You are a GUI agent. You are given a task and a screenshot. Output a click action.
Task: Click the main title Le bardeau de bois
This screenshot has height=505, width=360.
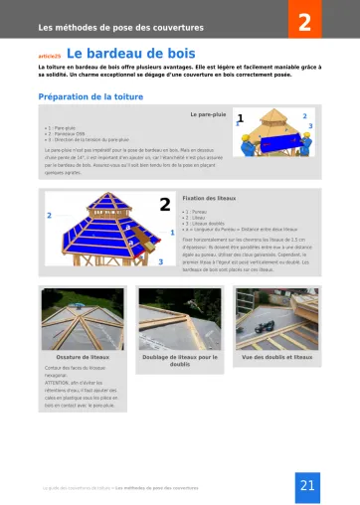[x=130, y=55]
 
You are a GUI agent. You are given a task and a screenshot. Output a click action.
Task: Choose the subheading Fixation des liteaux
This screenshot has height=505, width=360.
[x=210, y=199]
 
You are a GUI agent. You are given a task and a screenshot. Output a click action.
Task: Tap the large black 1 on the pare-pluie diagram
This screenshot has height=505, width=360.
[x=240, y=118]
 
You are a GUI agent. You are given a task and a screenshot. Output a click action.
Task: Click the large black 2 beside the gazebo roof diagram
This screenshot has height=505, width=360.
[x=164, y=205]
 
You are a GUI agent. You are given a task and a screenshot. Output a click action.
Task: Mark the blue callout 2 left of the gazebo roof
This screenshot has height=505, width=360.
[x=49, y=216]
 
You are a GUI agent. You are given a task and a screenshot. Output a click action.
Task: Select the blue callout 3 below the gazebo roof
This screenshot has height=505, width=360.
[x=161, y=260]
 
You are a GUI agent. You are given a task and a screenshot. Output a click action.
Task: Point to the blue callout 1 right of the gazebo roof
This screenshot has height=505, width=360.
[x=173, y=232]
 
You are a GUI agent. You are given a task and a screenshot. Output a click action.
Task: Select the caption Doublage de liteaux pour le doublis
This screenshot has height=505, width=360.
[x=179, y=360]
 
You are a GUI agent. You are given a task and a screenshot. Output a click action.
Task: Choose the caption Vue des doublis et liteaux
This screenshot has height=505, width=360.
[x=276, y=356]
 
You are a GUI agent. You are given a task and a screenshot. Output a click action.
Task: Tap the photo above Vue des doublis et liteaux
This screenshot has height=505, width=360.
[x=276, y=317]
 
